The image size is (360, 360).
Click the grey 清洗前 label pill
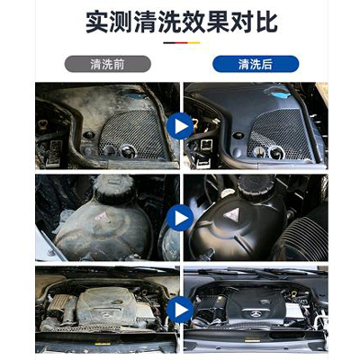point(108,64)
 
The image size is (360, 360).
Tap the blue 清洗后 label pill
point(256,64)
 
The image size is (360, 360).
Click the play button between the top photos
point(180,126)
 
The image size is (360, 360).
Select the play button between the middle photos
point(180,218)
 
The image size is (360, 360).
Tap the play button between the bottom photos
point(180,310)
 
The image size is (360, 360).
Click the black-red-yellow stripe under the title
point(182,43)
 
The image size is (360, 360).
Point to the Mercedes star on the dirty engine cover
point(107,314)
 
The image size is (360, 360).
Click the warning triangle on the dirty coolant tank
point(102,216)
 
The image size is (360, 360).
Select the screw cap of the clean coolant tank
point(255,184)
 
